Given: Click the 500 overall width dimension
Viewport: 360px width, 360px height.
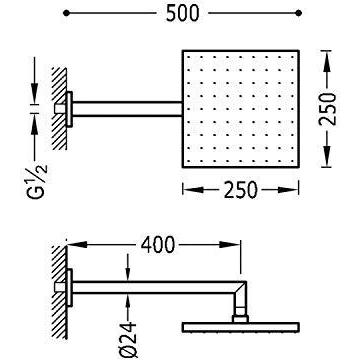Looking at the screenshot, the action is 183,13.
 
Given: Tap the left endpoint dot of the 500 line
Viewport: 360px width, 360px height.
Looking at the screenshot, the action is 66,13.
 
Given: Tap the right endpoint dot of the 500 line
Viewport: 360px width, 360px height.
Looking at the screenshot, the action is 299,13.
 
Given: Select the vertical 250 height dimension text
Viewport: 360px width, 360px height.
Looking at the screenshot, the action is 327,109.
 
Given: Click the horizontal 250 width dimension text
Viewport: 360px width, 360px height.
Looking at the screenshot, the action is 240,190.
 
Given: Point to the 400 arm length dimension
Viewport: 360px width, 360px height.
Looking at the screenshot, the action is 157,245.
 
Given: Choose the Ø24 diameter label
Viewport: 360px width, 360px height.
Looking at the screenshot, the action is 128,340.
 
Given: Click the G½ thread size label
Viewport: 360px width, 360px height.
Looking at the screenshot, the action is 37,181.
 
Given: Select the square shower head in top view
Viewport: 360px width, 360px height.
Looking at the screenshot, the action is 241,109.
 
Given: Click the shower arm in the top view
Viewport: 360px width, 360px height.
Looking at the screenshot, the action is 127,109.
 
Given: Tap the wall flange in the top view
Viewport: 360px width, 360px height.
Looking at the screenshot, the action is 69,109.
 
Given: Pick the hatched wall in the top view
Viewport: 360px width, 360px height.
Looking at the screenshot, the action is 59,109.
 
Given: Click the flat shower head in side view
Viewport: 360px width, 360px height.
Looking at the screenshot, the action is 241,327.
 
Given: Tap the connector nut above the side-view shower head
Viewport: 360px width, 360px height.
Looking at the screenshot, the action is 240,319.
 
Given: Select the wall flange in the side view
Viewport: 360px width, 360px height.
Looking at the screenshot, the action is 69,287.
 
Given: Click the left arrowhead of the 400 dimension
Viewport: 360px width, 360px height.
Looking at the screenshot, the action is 77,245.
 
